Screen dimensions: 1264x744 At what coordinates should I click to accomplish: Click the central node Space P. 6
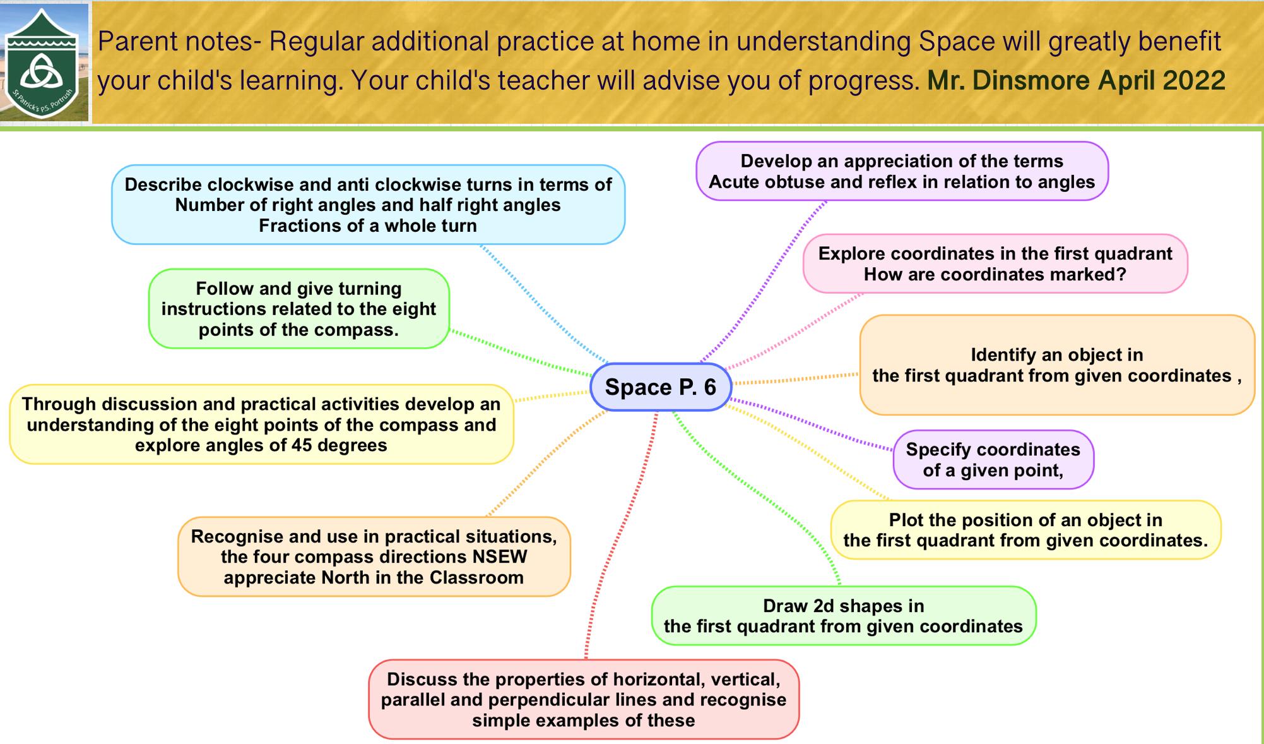pyautogui.click(x=661, y=387)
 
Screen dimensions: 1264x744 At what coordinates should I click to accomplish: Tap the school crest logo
pyautogui.click(x=43, y=64)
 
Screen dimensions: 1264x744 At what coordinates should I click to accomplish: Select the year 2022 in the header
pyautogui.click(x=1193, y=80)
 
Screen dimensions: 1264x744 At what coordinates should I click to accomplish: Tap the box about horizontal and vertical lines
pyautogui.click(x=584, y=699)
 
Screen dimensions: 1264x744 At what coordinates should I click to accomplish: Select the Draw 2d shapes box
pyautogui.click(x=844, y=616)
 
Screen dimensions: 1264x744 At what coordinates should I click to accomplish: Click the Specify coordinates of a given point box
pyautogui.click(x=993, y=460)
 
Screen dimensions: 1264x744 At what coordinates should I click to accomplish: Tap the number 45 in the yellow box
pyautogui.click(x=302, y=445)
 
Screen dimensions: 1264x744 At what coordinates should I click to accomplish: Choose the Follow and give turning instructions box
pyautogui.click(x=299, y=309)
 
